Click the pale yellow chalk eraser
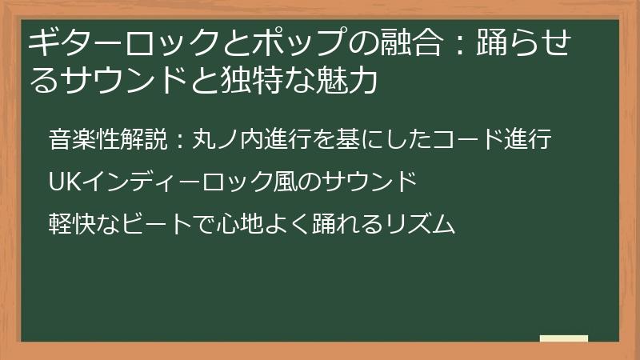coord(564,338)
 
